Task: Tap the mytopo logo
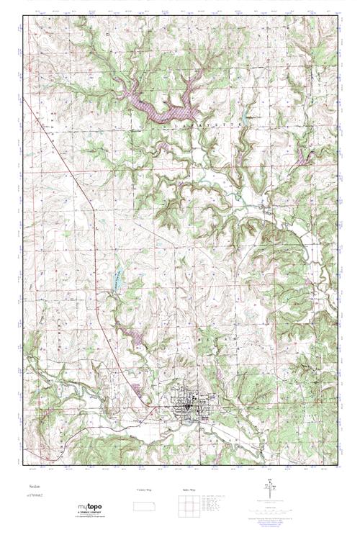click(90, 507)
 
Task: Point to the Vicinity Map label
click(144, 490)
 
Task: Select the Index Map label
click(189, 490)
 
